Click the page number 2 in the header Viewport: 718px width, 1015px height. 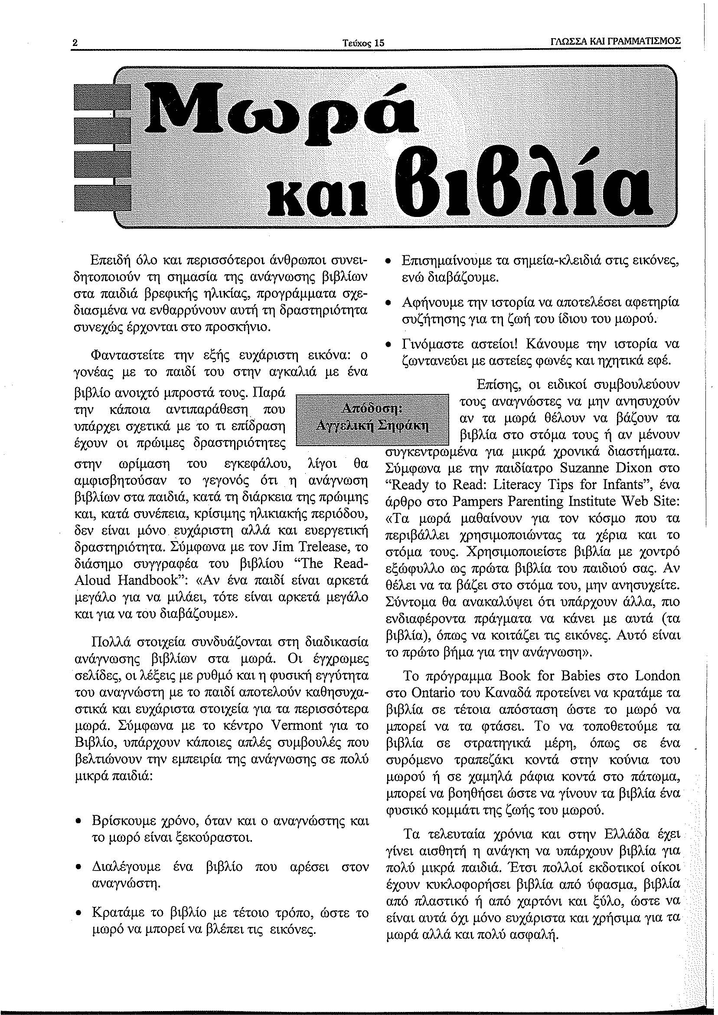[x=75, y=43]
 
